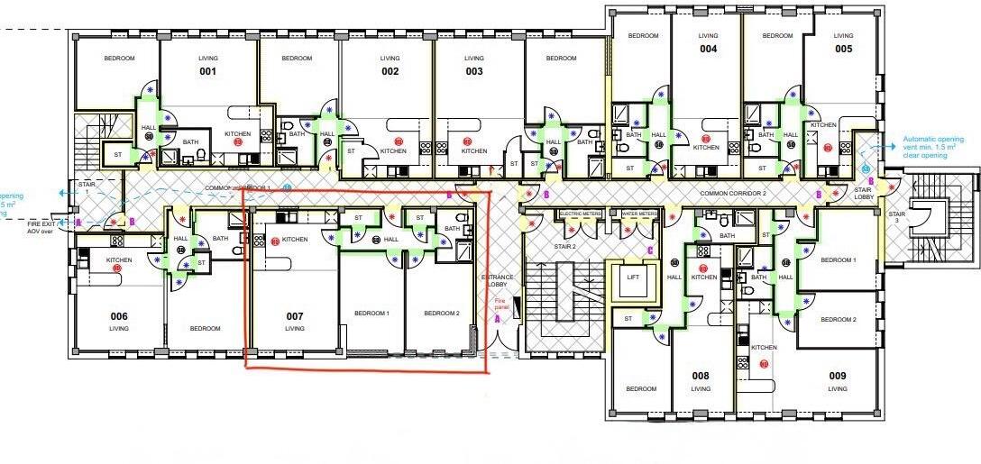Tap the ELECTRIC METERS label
click(x=580, y=214)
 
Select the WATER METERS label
click(x=639, y=214)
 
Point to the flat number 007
click(x=294, y=316)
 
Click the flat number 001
click(x=208, y=71)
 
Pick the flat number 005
click(x=842, y=49)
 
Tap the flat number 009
click(x=838, y=375)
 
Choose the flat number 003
click(x=474, y=71)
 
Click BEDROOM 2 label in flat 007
click(x=443, y=313)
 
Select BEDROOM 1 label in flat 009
click(x=839, y=260)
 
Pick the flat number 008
click(x=701, y=376)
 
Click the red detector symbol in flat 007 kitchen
click(x=275, y=241)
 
